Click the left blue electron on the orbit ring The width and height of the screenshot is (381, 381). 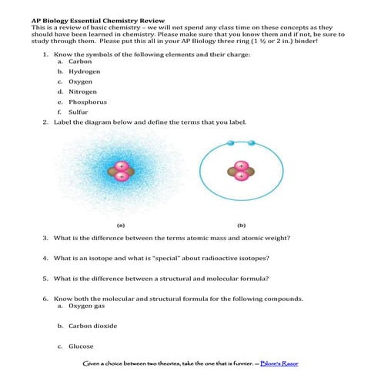coord(230,142)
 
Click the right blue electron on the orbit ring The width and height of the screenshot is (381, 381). coord(252,142)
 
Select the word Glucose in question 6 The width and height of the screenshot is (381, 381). coord(81,346)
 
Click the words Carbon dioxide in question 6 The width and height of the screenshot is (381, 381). coord(92,326)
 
